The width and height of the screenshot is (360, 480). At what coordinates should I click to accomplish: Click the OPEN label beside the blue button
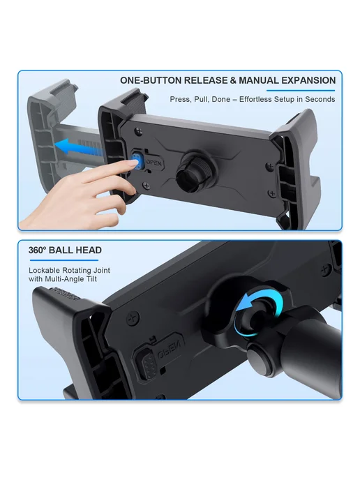coord(153,163)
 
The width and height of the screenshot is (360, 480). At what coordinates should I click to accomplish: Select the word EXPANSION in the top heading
coord(308,80)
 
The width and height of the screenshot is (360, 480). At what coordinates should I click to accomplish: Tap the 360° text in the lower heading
coord(37,250)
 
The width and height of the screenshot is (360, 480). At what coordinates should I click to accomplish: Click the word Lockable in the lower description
coord(44,270)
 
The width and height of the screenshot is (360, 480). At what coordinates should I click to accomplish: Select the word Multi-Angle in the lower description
coord(62,279)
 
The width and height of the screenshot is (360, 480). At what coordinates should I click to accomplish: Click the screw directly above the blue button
coord(140,130)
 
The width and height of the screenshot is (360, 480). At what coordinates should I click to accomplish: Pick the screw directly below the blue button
coord(147,185)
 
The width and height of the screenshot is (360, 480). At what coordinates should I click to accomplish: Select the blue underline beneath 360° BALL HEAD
coord(64,260)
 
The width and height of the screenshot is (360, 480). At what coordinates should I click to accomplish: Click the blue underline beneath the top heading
coord(301,90)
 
